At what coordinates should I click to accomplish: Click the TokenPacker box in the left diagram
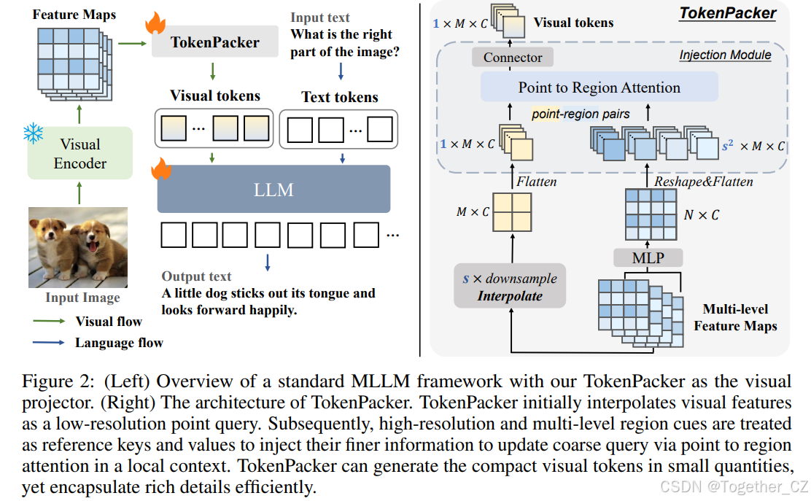point(214,42)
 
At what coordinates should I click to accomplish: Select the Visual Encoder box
point(79,153)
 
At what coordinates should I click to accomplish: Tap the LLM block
point(273,190)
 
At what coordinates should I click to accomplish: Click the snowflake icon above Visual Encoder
point(33,133)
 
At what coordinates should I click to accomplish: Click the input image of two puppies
point(78,247)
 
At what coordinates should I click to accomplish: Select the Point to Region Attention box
point(599,88)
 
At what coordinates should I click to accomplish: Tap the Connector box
point(513,58)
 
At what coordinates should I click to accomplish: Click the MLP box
point(647,257)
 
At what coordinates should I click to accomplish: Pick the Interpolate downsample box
point(510,287)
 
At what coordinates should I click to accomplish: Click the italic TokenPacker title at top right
point(727,13)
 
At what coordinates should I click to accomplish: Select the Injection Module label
point(725,55)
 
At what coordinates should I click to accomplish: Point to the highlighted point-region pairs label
point(581,114)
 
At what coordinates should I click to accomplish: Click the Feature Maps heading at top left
point(74,14)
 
